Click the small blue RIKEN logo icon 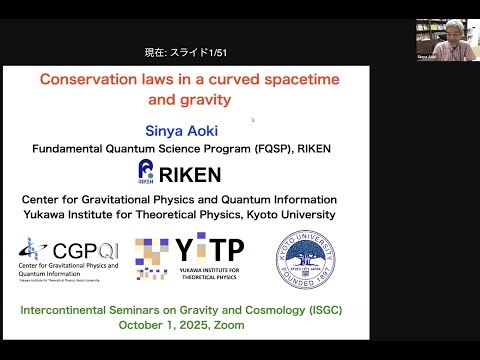(147, 171)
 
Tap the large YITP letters (210, 249)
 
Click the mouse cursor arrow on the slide (252, 119)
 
